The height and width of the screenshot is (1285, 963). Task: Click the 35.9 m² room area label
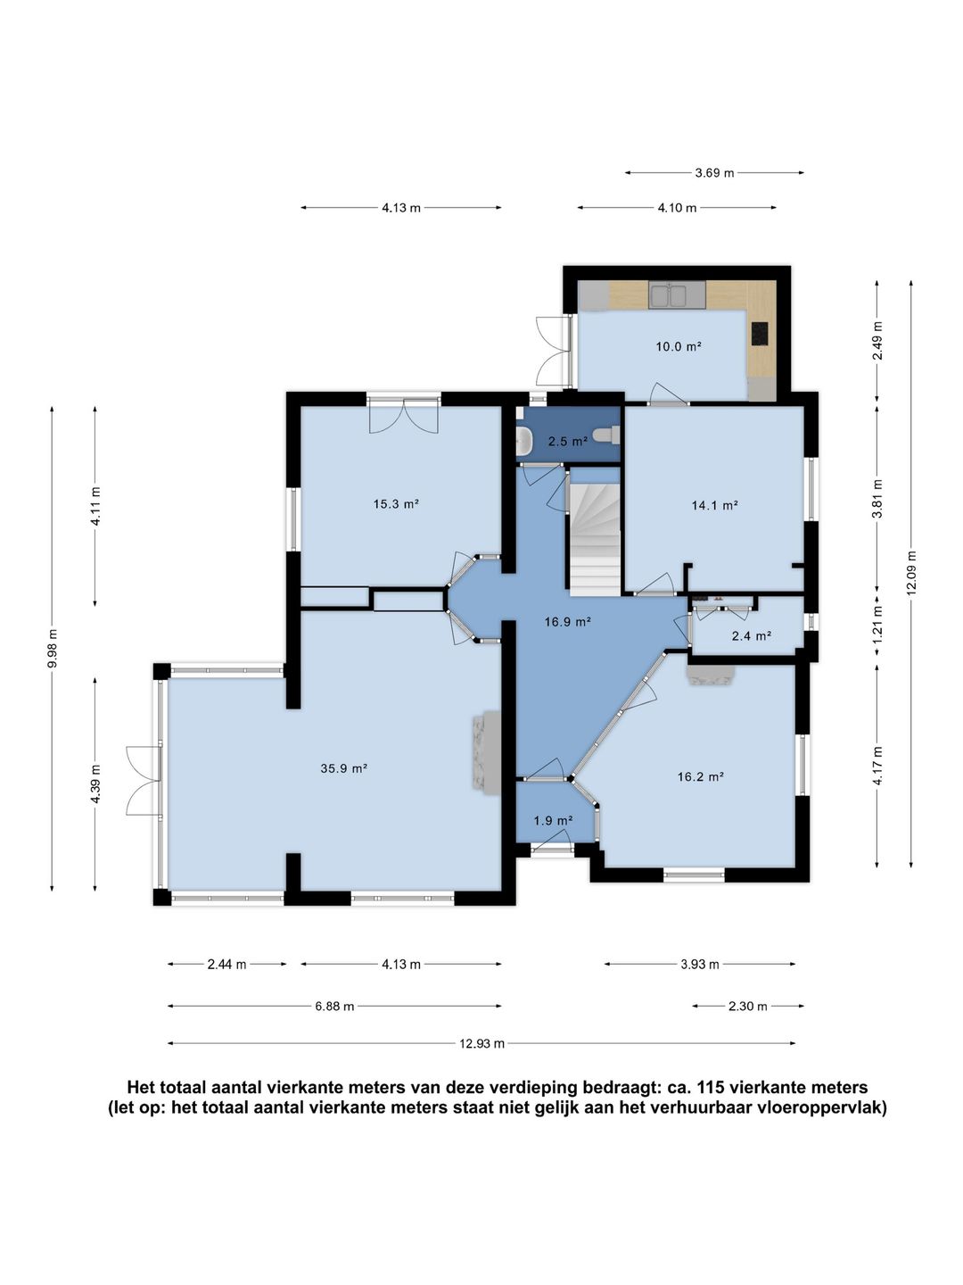pyautogui.click(x=343, y=768)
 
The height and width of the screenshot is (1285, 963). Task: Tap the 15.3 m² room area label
pyautogui.click(x=397, y=503)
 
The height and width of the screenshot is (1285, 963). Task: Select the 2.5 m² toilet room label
pyautogui.click(x=567, y=442)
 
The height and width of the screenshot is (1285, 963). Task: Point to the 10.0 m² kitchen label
pyautogui.click(x=679, y=346)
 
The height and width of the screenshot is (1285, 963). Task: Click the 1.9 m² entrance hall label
pyautogui.click(x=553, y=821)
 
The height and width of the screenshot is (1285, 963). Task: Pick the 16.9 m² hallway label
pyautogui.click(x=567, y=622)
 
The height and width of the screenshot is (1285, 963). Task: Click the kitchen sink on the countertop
pyautogui.click(x=670, y=295)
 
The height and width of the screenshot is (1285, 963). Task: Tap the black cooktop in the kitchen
pyautogui.click(x=760, y=334)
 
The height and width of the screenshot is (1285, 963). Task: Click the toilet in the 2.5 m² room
pyautogui.click(x=605, y=435)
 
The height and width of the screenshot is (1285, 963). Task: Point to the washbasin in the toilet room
pyautogui.click(x=523, y=440)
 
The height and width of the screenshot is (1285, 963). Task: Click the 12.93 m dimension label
pyautogui.click(x=481, y=1042)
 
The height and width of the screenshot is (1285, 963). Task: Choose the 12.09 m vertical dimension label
pyautogui.click(x=911, y=573)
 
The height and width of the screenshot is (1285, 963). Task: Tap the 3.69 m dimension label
pyautogui.click(x=714, y=173)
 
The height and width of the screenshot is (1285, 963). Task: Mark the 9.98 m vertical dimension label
pyautogui.click(x=52, y=649)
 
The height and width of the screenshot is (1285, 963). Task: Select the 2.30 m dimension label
pyautogui.click(x=748, y=1007)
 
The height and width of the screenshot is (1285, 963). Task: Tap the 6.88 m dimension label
pyautogui.click(x=334, y=1007)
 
